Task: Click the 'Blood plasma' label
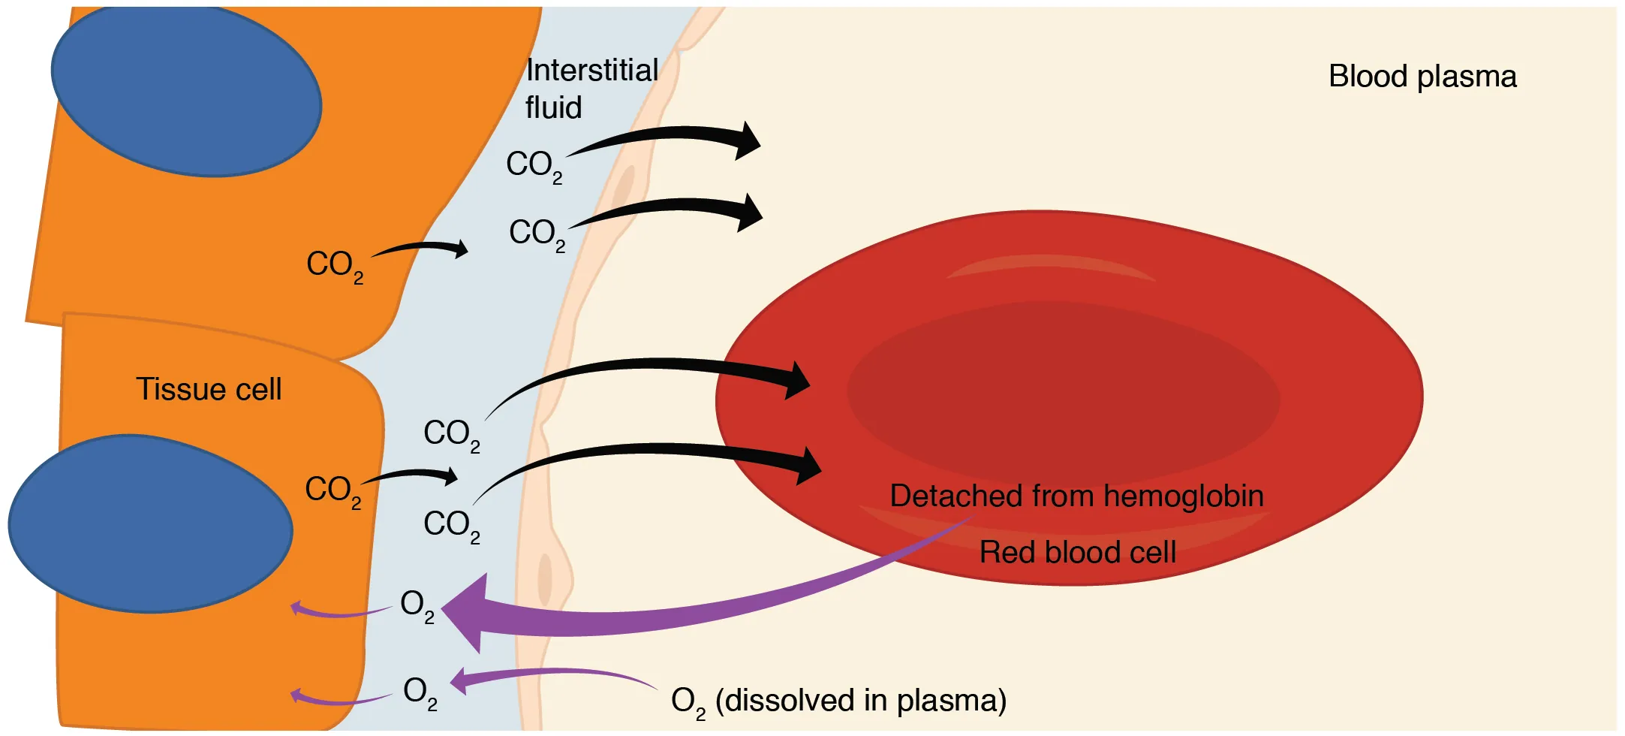1422,77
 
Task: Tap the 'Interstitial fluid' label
591,89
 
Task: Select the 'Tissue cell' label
208,389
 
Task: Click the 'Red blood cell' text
1077,552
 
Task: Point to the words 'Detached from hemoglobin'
1076,496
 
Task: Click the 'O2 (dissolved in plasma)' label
838,701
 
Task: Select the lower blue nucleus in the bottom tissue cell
150,524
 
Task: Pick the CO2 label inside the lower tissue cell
333,491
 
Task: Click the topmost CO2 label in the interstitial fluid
534,165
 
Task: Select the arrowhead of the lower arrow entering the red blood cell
808,466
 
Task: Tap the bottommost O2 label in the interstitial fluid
420,692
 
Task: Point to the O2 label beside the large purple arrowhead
417,605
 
